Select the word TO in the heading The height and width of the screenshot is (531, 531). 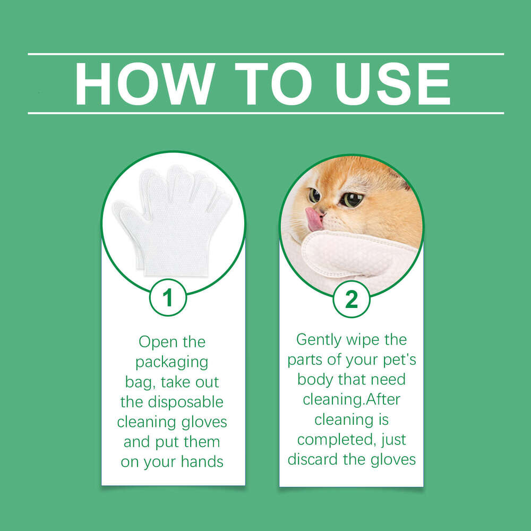click(273, 84)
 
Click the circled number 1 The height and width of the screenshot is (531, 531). click(168, 298)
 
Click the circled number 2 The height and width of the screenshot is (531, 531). click(352, 299)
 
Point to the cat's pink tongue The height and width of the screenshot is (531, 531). click(314, 219)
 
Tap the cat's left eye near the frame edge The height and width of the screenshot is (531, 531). click(314, 195)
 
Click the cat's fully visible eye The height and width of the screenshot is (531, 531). click(352, 199)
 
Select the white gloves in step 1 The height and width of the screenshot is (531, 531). click(173, 218)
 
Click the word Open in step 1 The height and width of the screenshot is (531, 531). click(158, 342)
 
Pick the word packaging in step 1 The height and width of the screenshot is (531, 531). click(172, 363)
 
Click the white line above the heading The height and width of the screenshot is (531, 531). click(265, 54)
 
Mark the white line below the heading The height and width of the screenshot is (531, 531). click(265, 113)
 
